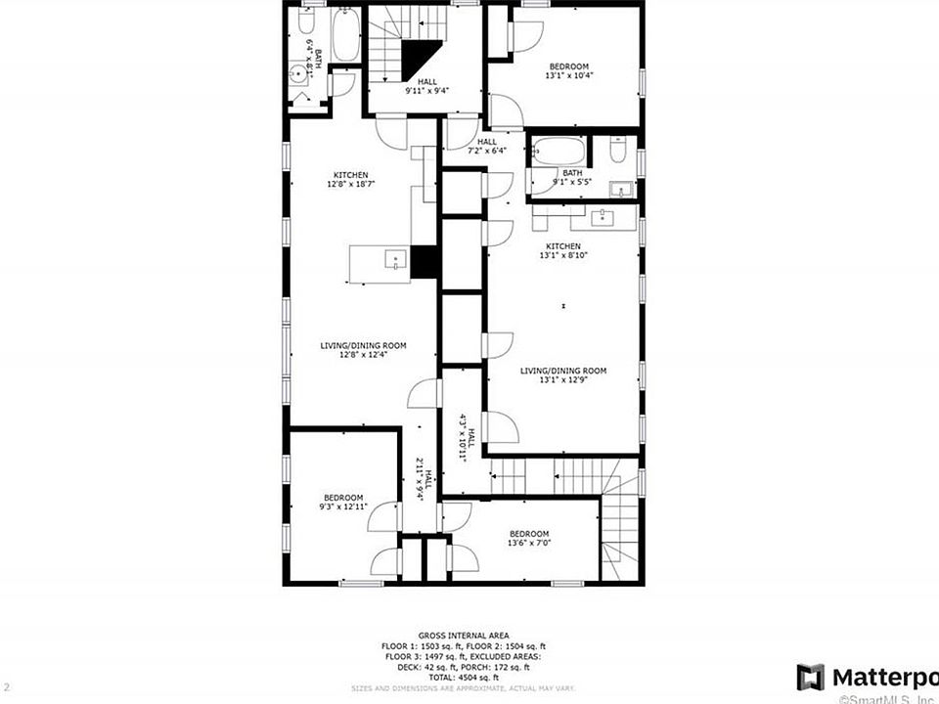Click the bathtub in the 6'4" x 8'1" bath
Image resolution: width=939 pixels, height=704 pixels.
pyautogui.click(x=345, y=37)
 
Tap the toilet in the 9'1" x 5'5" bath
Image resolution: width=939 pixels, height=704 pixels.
pyautogui.click(x=618, y=151)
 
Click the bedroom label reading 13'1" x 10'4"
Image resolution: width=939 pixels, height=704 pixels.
pyautogui.click(x=569, y=69)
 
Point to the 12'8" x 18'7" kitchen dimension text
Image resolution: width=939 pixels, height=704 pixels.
pyautogui.click(x=350, y=184)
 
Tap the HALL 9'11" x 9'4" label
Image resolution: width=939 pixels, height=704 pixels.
pyautogui.click(x=426, y=87)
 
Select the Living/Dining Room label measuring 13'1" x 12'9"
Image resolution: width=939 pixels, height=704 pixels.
pyautogui.click(x=562, y=376)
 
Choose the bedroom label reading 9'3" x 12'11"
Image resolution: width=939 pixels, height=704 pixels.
pyautogui.click(x=343, y=502)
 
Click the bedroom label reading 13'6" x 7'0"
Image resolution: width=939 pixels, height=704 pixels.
pyautogui.click(x=528, y=538)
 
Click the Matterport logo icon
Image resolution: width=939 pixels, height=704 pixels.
pyautogui.click(x=810, y=677)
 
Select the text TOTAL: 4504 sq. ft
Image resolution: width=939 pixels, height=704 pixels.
pyautogui.click(x=463, y=677)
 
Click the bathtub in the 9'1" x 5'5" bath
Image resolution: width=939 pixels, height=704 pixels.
pyautogui.click(x=557, y=153)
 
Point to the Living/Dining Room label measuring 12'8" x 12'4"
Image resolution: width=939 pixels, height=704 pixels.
pyautogui.click(x=363, y=350)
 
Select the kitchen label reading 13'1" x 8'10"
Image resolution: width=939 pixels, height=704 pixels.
pyautogui.click(x=562, y=251)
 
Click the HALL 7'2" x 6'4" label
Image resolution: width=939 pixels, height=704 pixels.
pyautogui.click(x=486, y=147)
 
